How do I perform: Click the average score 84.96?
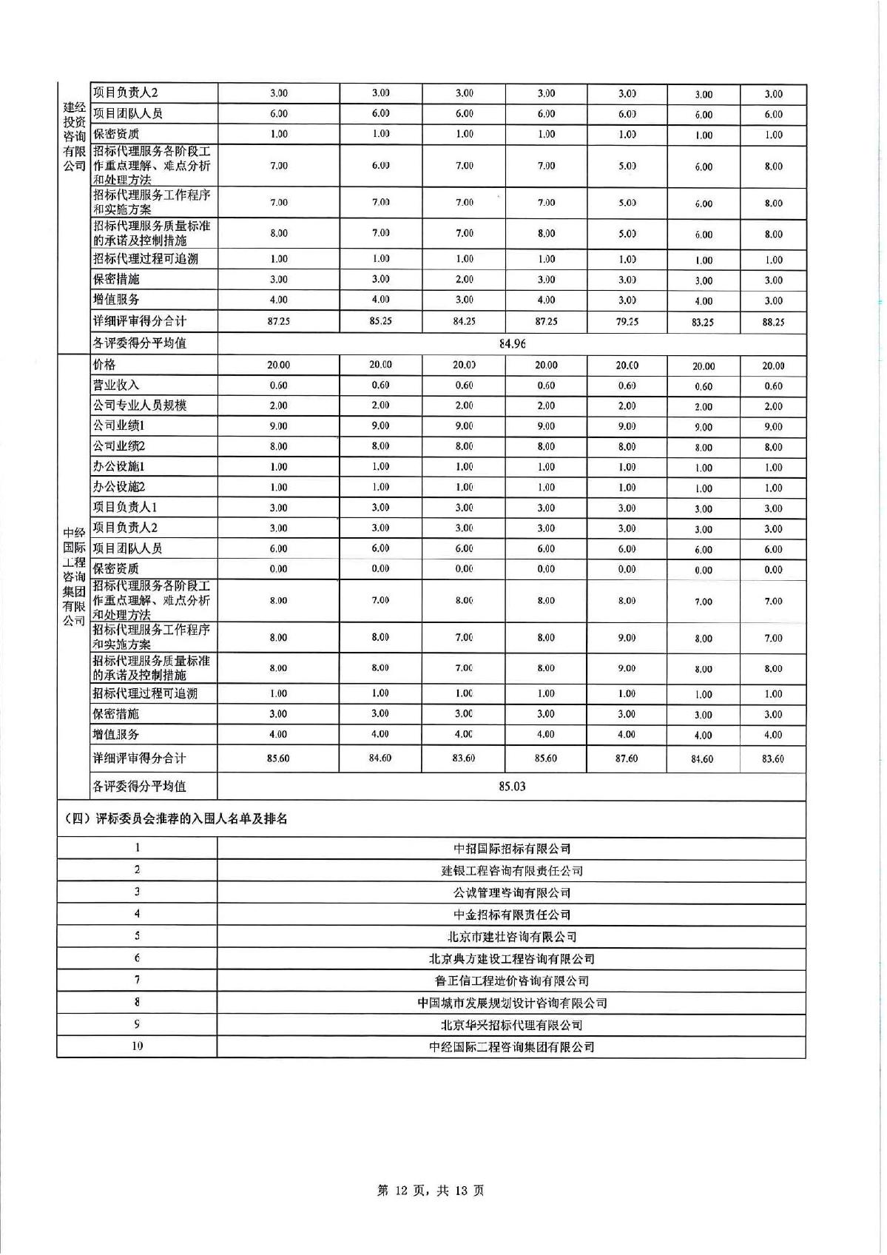pyautogui.click(x=512, y=343)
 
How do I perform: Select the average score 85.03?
pyautogui.click(x=512, y=786)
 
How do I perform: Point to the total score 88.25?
pyautogui.click(x=773, y=322)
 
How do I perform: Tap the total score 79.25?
pyautogui.click(x=627, y=321)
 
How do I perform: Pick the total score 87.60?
pyautogui.click(x=627, y=758)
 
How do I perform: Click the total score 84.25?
pyautogui.click(x=464, y=321)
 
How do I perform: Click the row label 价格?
pyautogui.click(x=104, y=365)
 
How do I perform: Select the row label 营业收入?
pyautogui.click(x=116, y=385)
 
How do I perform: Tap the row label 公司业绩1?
pyautogui.click(x=119, y=425)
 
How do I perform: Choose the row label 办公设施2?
pyautogui.click(x=119, y=487)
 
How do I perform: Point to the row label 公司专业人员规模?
pyautogui.click(x=140, y=406)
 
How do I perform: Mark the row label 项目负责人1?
pyautogui.click(x=125, y=508)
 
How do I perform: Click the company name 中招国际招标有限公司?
pyautogui.click(x=512, y=849)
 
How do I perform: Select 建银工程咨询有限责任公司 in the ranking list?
pyautogui.click(x=512, y=871)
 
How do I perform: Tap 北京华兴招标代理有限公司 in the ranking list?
pyautogui.click(x=512, y=1025)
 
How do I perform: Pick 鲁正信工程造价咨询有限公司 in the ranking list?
pyautogui.click(x=512, y=980)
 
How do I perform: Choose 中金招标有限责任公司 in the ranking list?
pyautogui.click(x=512, y=915)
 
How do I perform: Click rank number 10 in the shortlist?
pyautogui.click(x=137, y=1046)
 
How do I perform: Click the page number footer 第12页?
pyautogui.click(x=431, y=1191)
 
